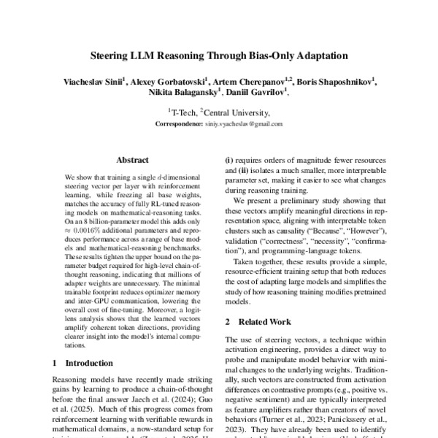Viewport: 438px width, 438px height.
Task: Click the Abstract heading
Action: click(133, 160)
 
